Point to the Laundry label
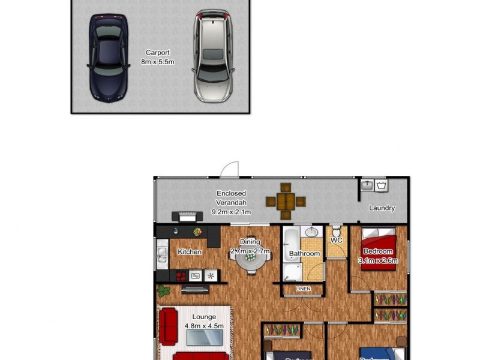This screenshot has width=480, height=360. (382, 208)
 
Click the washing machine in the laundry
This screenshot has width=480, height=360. (381, 185)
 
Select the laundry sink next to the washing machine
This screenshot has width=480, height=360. (367, 185)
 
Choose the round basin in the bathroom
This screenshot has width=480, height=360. (311, 232)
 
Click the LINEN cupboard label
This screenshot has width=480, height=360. (304, 290)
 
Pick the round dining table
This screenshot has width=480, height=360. (250, 259)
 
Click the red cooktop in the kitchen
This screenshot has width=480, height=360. (180, 275)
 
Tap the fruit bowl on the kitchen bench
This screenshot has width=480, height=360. (197, 232)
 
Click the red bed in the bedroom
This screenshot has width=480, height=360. (378, 252)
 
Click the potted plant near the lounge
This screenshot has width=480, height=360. (163, 292)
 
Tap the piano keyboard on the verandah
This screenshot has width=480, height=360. (184, 215)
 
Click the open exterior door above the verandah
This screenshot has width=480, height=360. (229, 170)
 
